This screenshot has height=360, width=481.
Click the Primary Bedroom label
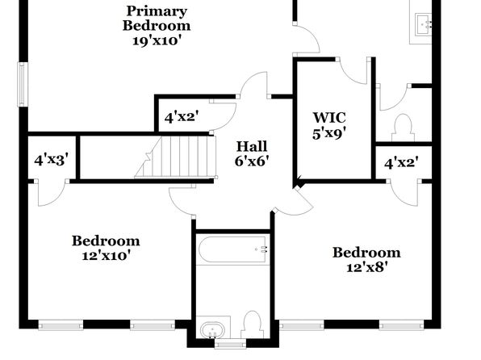click(157, 19)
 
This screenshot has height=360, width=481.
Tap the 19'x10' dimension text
click(155, 40)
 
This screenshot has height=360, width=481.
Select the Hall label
click(252, 146)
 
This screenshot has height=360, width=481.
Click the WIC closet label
click(329, 118)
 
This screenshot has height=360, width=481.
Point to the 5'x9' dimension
click(329, 133)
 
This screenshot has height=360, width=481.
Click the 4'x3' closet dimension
click(51, 160)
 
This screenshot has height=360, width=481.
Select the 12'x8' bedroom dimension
click(366, 268)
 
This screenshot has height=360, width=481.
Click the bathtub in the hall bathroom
click(232, 249)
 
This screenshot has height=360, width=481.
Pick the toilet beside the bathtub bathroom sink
click(253, 324)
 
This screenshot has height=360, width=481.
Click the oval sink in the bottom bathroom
click(212, 330)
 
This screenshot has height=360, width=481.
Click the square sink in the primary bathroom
click(424, 24)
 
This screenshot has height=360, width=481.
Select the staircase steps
click(176, 157)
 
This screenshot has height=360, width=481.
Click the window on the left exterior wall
click(23, 84)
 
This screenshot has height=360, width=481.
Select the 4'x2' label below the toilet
click(402, 163)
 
